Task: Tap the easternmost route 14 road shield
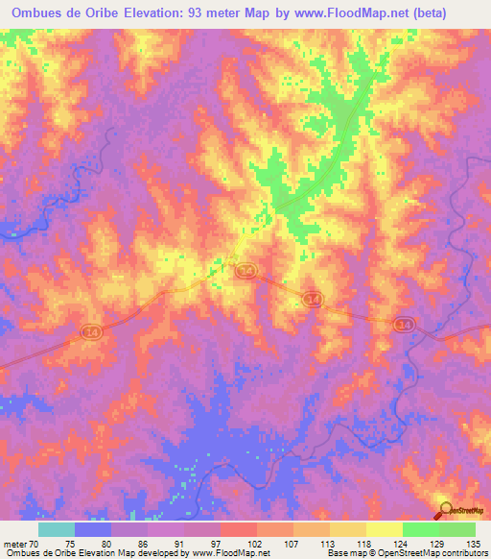click(402, 327)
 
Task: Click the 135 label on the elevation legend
click(473, 543)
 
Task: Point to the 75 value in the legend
click(70, 543)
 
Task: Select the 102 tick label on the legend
click(253, 543)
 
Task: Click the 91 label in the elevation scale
click(180, 543)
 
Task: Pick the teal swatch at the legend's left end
click(57, 529)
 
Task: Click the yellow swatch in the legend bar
click(384, 529)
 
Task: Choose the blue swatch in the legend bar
click(93, 529)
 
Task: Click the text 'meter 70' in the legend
click(19, 543)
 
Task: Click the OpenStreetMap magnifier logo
click(446, 510)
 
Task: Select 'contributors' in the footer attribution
click(462, 554)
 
